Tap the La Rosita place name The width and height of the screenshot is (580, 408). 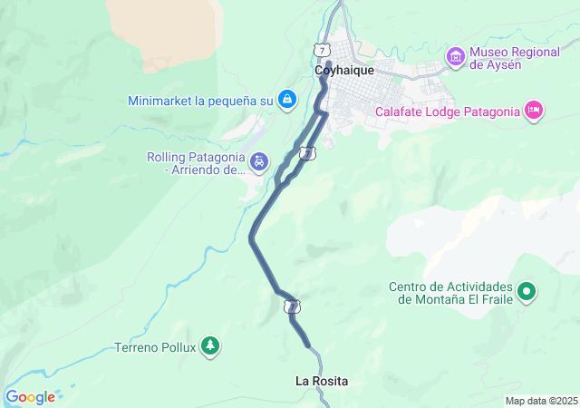pyautogui.click(x=322, y=381)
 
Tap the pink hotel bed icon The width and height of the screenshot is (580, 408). pyautogui.click(x=534, y=111)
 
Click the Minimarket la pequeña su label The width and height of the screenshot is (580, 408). pyautogui.click(x=200, y=101)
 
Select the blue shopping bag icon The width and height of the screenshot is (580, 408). pyautogui.click(x=286, y=100)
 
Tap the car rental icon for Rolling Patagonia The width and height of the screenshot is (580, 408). pyautogui.click(x=259, y=162)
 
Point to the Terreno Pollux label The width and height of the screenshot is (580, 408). pyautogui.click(x=155, y=346)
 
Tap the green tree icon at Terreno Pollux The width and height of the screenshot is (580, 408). pyautogui.click(x=210, y=345)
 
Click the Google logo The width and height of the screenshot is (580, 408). pyautogui.click(x=30, y=396)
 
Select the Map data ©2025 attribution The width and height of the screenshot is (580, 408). pyautogui.click(x=541, y=401)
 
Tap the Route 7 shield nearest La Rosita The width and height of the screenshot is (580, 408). pyautogui.click(x=291, y=307)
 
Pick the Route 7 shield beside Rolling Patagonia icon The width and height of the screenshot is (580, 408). pyautogui.click(x=308, y=153)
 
